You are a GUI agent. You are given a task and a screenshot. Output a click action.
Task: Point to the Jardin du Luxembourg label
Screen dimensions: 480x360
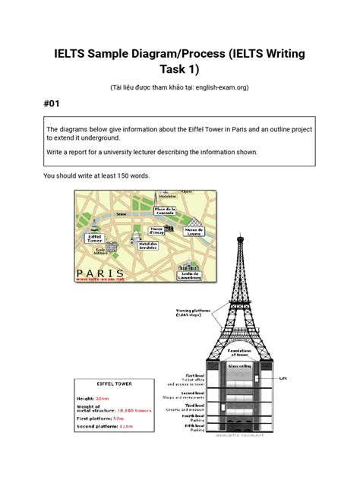(x=190, y=274)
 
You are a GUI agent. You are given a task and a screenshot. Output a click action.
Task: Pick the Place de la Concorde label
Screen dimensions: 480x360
(x=164, y=210)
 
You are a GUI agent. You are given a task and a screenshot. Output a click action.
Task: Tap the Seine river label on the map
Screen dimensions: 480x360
(x=122, y=215)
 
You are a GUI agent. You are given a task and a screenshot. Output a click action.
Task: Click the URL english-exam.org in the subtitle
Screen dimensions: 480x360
(x=221, y=87)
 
